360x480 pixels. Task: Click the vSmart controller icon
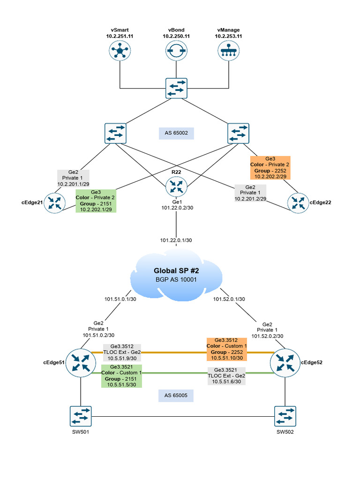click(x=120, y=50)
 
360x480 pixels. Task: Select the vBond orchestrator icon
click(x=176, y=50)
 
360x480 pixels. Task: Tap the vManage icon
click(x=228, y=50)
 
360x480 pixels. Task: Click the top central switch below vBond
click(x=176, y=88)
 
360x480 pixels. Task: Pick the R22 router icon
click(x=176, y=187)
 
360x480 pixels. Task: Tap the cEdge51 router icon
click(x=80, y=362)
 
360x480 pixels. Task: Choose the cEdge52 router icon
click(x=284, y=362)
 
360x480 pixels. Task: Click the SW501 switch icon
click(x=81, y=416)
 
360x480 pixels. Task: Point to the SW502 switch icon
click(x=285, y=416)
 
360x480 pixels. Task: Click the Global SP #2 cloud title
click(x=176, y=270)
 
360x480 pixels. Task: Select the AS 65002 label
click(x=176, y=134)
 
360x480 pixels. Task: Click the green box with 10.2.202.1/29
click(x=96, y=201)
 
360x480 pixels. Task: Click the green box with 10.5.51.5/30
click(x=121, y=376)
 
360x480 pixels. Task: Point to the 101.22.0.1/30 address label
click(x=176, y=240)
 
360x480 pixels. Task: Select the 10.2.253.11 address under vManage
click(x=228, y=36)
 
